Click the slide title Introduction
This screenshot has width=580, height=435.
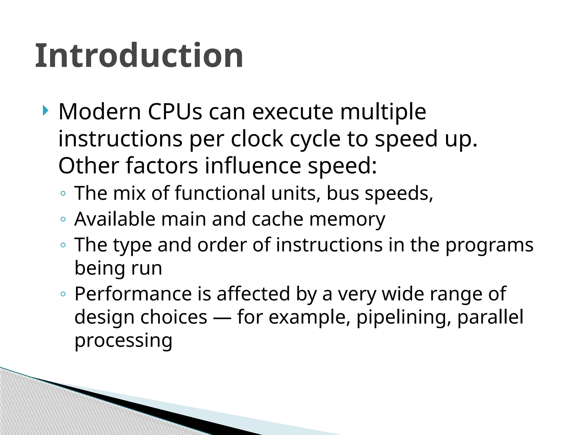tap(139, 56)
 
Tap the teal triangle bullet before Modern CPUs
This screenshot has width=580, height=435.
tap(45, 110)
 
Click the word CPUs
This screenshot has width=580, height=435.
tap(175, 112)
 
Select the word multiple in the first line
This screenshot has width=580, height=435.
tap(383, 112)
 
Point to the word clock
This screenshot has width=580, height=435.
tap(257, 139)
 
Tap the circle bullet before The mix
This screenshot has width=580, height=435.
tap(63, 194)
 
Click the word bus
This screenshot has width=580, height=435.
tap(343, 193)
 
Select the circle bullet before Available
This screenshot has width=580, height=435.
tap(63, 219)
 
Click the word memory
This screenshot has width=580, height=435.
tap(347, 220)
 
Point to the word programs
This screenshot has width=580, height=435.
tap(489, 245)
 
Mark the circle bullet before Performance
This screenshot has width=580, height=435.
tap(63, 294)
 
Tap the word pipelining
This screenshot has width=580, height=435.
tap(404, 317)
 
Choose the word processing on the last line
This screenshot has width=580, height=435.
tap(123, 340)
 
